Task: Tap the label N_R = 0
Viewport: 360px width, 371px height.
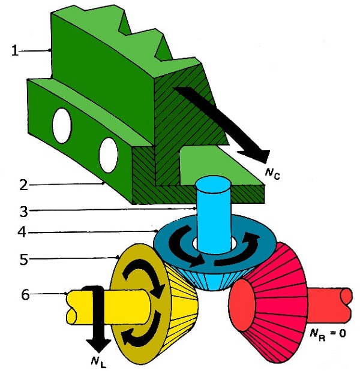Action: (x=326, y=333)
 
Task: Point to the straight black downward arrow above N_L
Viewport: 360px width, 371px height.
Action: (x=94, y=318)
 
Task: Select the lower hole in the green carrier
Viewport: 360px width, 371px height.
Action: (x=109, y=154)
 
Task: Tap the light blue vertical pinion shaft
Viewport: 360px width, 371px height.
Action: (x=214, y=216)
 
